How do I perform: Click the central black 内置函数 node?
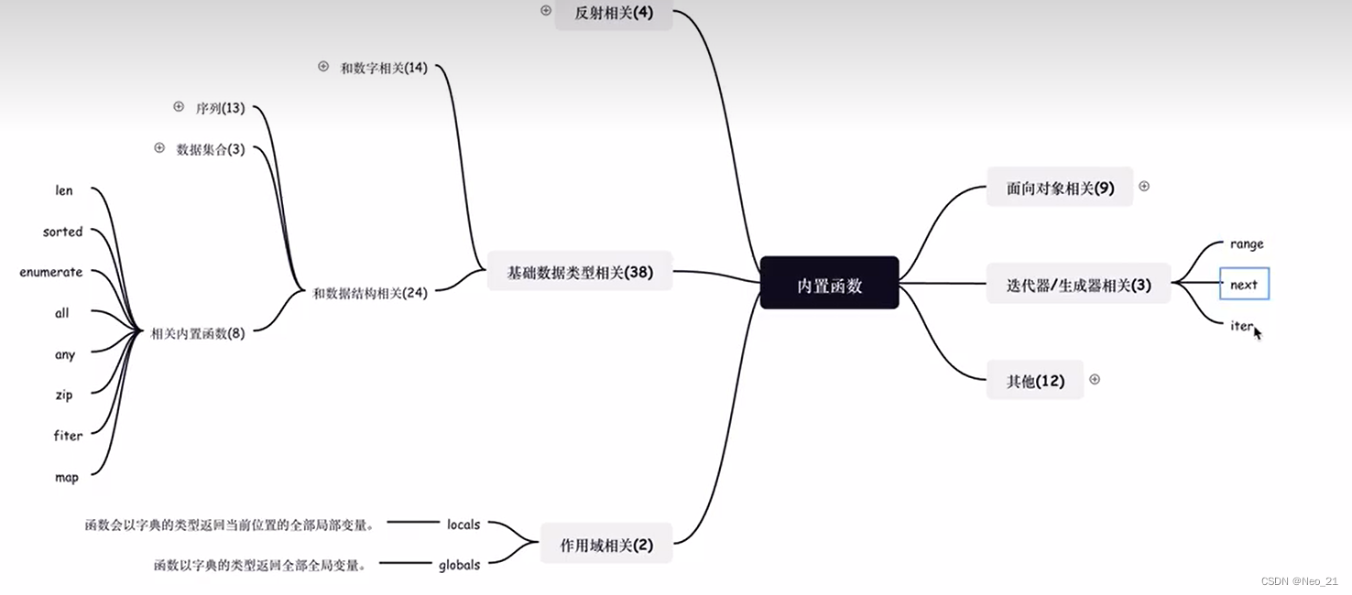tap(829, 283)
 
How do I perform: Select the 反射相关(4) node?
tap(614, 14)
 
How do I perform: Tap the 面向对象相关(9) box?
tap(1060, 188)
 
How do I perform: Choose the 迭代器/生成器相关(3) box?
tap(1078, 285)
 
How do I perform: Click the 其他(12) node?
tap(1035, 380)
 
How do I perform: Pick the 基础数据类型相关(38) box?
tap(580, 272)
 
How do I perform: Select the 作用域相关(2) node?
tap(606, 545)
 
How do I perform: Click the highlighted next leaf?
tap(1244, 285)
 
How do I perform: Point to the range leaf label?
tap(1247, 244)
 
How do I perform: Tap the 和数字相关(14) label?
tap(384, 68)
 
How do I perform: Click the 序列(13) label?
tap(220, 108)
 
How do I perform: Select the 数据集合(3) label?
tap(211, 149)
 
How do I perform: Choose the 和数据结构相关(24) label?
tap(370, 293)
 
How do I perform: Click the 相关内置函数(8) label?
tap(198, 333)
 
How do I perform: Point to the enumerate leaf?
tap(51, 272)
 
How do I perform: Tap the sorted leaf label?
tap(62, 232)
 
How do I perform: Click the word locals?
tap(463, 525)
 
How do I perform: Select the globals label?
tap(459, 565)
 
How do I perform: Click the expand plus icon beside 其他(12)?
tap(1094, 379)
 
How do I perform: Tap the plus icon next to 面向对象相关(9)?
tap(1143, 186)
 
